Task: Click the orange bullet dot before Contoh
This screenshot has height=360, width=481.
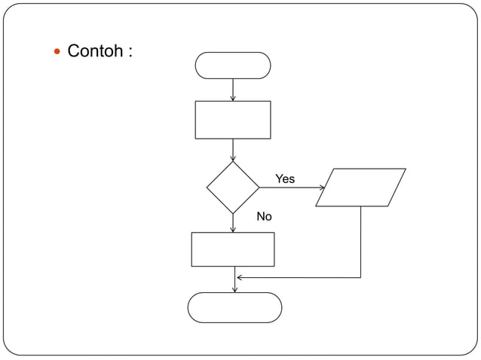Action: (x=57, y=52)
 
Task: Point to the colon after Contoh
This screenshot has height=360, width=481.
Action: (x=131, y=53)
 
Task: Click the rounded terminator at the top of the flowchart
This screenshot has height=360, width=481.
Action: (x=233, y=66)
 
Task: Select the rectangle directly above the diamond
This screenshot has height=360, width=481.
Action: (x=233, y=120)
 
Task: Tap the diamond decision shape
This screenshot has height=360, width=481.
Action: (x=233, y=187)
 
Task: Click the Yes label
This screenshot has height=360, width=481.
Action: (x=285, y=179)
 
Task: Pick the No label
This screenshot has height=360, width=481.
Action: (x=264, y=217)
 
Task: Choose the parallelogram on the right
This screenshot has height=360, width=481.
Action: (x=360, y=187)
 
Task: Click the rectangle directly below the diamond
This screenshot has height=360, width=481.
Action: (x=233, y=249)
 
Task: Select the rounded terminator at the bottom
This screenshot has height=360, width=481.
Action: (x=234, y=307)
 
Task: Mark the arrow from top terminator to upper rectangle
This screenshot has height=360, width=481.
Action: (x=233, y=90)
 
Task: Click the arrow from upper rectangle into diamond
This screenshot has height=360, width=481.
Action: (x=233, y=150)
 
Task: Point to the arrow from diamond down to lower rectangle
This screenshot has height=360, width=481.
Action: (x=233, y=223)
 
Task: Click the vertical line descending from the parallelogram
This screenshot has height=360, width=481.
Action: (x=361, y=241)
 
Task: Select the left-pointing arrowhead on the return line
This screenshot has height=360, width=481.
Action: (x=240, y=278)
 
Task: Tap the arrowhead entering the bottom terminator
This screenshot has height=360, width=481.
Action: (x=234, y=290)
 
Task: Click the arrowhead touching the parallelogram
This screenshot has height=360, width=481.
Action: (x=322, y=188)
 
